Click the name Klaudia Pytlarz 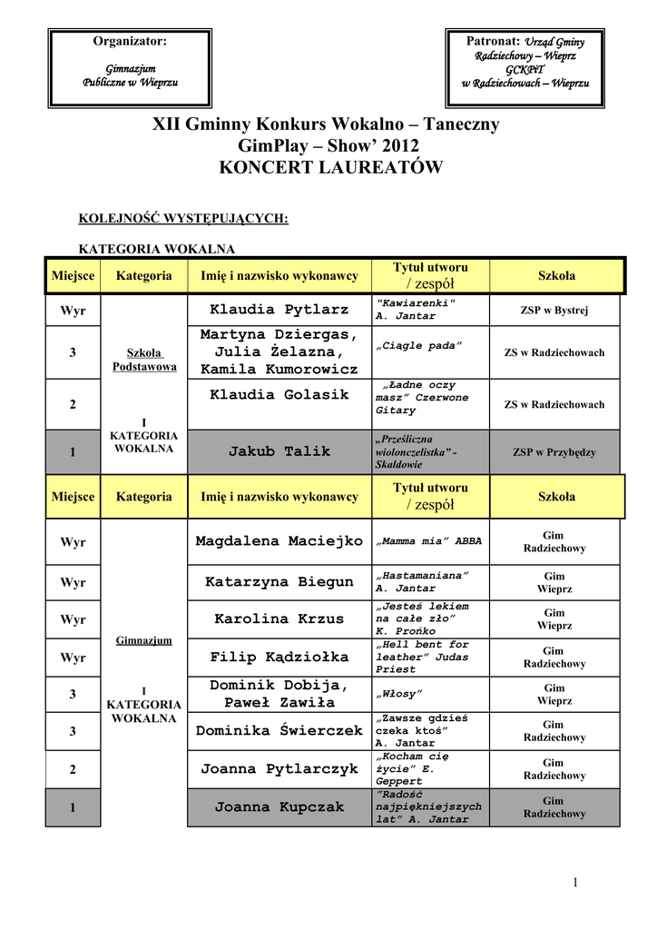pyautogui.click(x=279, y=310)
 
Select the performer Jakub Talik pyautogui.click(x=279, y=451)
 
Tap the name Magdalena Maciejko pyautogui.click(x=279, y=541)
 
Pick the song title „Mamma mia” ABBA pyautogui.click(x=428, y=541)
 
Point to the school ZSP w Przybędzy pyautogui.click(x=554, y=451)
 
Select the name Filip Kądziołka pyautogui.click(x=279, y=657)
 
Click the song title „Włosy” pyautogui.click(x=399, y=694)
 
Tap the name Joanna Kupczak pyautogui.click(x=279, y=806)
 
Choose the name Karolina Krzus pyautogui.click(x=279, y=619)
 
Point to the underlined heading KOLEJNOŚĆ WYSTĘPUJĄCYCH pyautogui.click(x=183, y=218)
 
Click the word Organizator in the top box pyautogui.click(x=130, y=41)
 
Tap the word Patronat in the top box pyautogui.click(x=492, y=41)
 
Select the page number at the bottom pyautogui.click(x=575, y=883)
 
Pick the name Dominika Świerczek pyautogui.click(x=279, y=730)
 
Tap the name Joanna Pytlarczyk pyautogui.click(x=279, y=769)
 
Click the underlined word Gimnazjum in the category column pyautogui.click(x=144, y=639)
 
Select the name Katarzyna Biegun pyautogui.click(x=279, y=581)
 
